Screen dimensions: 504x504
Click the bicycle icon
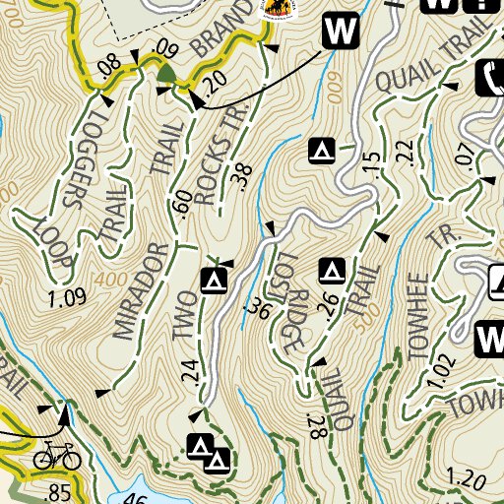click(57, 455)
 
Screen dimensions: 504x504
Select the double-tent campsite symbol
click(209, 451)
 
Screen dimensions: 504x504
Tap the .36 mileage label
click(260, 307)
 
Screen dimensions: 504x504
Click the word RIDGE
click(292, 322)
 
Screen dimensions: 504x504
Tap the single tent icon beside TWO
click(214, 282)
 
